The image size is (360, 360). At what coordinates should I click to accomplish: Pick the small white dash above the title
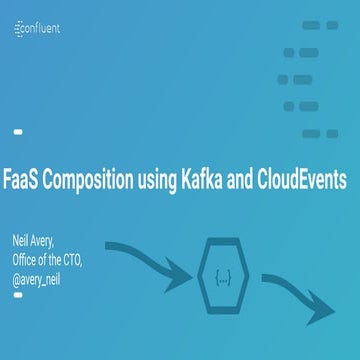[x=17, y=132]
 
